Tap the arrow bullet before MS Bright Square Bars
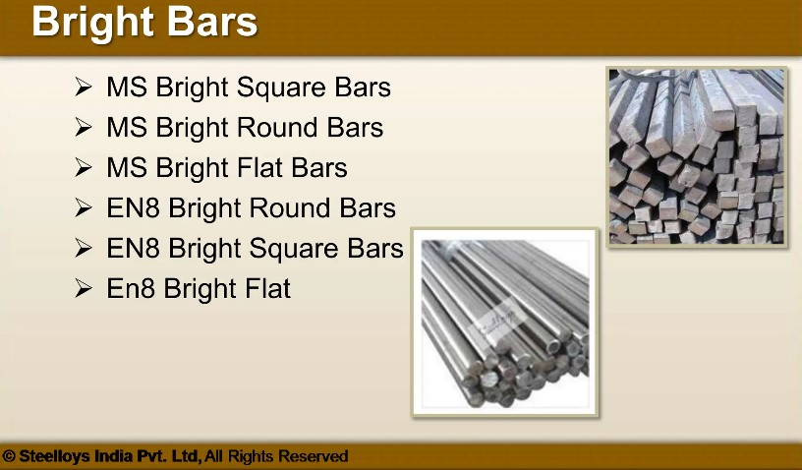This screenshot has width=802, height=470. [x=83, y=87]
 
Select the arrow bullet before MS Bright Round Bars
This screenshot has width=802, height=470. [x=83, y=127]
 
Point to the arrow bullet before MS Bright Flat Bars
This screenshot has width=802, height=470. [x=83, y=167]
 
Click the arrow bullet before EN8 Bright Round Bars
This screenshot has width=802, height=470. [x=83, y=207]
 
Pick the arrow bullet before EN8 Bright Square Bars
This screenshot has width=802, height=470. [x=83, y=248]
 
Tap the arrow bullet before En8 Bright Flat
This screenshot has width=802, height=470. [x=83, y=288]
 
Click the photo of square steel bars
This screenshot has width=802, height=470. [x=696, y=156]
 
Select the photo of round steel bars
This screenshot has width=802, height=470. [x=505, y=323]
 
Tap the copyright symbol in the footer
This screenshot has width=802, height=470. [x=9, y=456]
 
